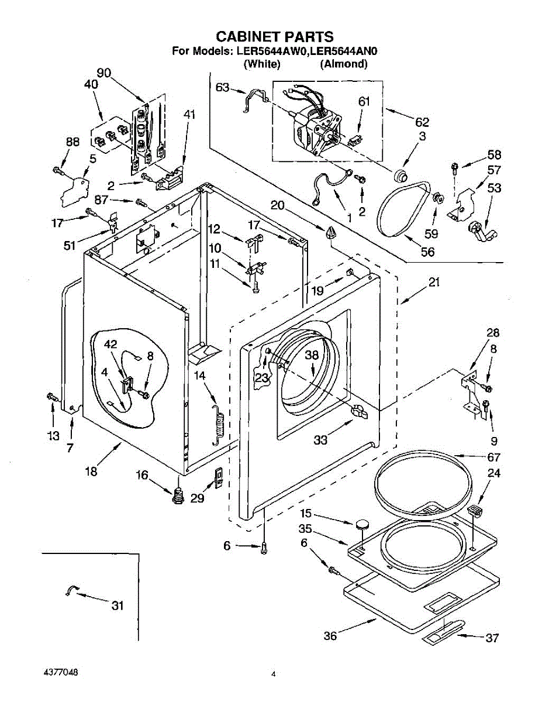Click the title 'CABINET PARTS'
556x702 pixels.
[275, 37]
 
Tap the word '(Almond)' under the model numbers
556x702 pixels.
[343, 64]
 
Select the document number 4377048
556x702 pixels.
[60, 672]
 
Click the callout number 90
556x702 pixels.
[104, 73]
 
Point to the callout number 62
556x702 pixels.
[422, 122]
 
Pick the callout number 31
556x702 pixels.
[118, 606]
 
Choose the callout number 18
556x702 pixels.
[91, 472]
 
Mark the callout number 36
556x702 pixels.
[330, 636]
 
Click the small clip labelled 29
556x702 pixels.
[219, 477]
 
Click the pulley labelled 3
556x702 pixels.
[400, 175]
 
